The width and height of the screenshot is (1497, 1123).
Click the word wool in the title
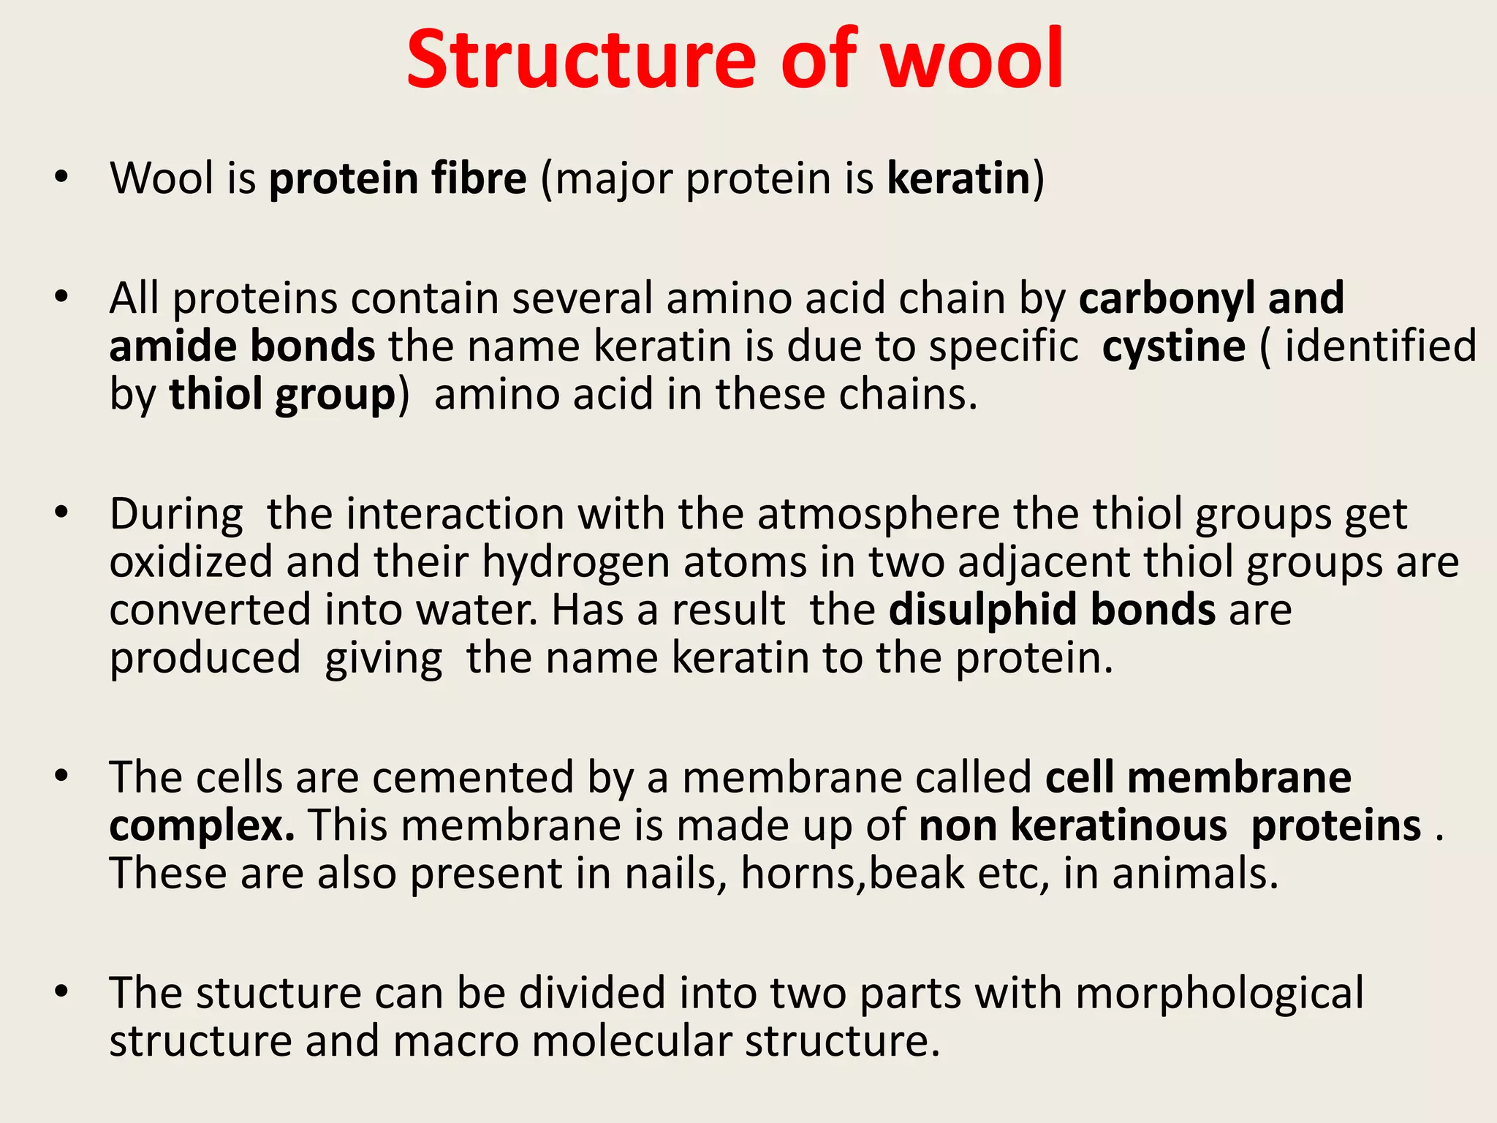pos(971,60)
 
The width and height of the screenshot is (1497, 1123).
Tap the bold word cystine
pos(1173,348)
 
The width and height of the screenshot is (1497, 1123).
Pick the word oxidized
pos(191,563)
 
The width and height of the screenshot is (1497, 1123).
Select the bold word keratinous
pos(1118,826)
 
